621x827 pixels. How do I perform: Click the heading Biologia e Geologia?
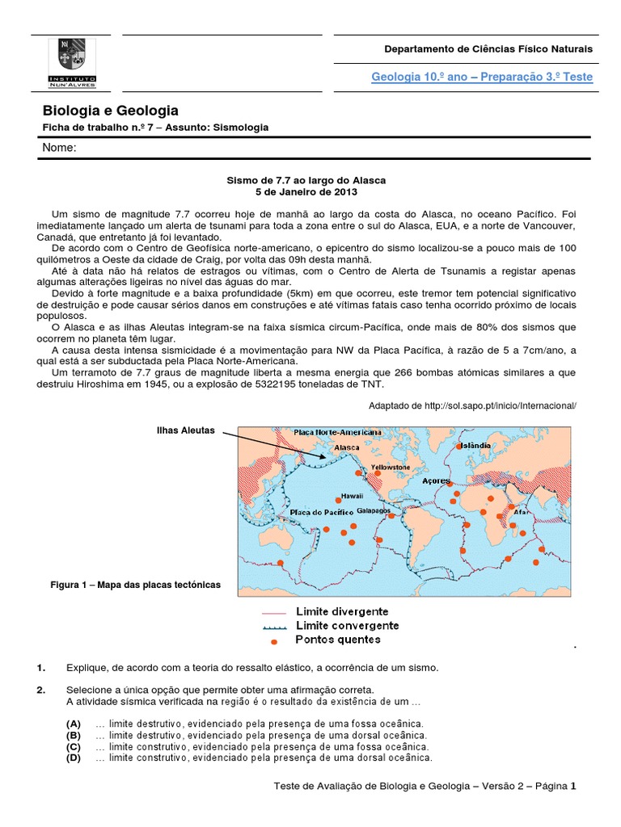click(110, 111)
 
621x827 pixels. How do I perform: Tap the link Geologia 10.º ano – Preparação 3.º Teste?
click(481, 77)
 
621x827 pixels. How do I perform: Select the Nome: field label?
click(59, 148)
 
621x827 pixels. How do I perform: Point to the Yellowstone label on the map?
click(390, 468)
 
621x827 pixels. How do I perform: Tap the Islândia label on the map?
click(474, 445)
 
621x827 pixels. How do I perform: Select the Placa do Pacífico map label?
click(321, 512)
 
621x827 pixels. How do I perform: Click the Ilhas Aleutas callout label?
click(185, 430)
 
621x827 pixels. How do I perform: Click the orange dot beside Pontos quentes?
click(274, 641)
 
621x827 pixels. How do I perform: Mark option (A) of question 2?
click(74, 724)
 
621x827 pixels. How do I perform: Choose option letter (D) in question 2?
click(74, 758)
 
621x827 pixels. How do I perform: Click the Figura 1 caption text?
click(134, 583)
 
